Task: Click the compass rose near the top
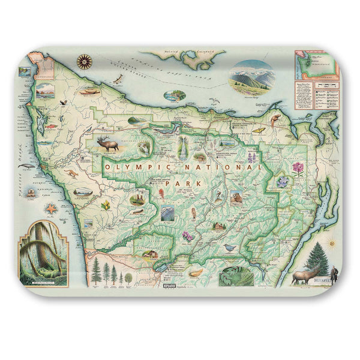point(85,60)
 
